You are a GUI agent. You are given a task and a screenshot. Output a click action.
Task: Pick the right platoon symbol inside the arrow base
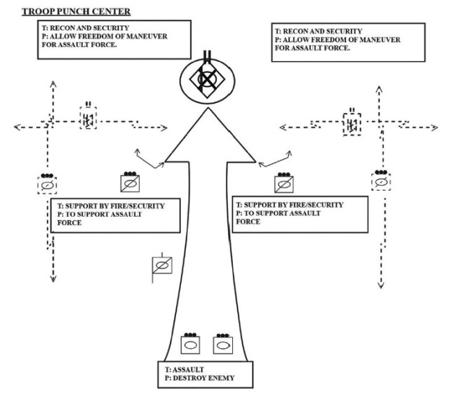[x=222, y=344]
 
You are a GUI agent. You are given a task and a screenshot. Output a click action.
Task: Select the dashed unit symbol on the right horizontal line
[x=351, y=125]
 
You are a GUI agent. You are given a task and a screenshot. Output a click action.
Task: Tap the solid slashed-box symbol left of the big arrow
[x=129, y=184]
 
